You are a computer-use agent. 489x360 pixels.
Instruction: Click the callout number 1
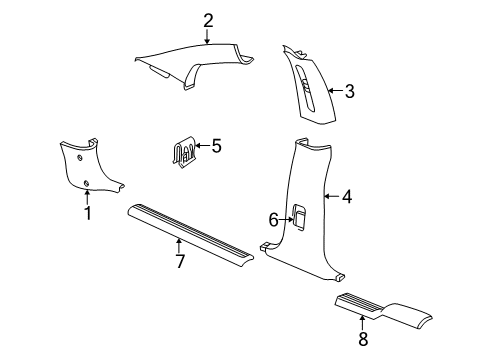tap(87, 212)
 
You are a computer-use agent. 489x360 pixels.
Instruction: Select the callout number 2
tap(208, 19)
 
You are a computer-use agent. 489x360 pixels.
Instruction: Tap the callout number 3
tap(350, 92)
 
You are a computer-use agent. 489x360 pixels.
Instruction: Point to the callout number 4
tap(346, 197)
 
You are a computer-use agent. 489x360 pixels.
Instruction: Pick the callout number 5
tap(215, 146)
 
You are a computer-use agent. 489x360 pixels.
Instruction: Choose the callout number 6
tap(272, 219)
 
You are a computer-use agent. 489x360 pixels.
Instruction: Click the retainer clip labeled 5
tap(181, 153)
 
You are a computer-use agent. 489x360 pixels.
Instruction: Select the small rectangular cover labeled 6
tap(299, 214)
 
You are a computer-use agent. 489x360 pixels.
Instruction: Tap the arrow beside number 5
tap(201, 146)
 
